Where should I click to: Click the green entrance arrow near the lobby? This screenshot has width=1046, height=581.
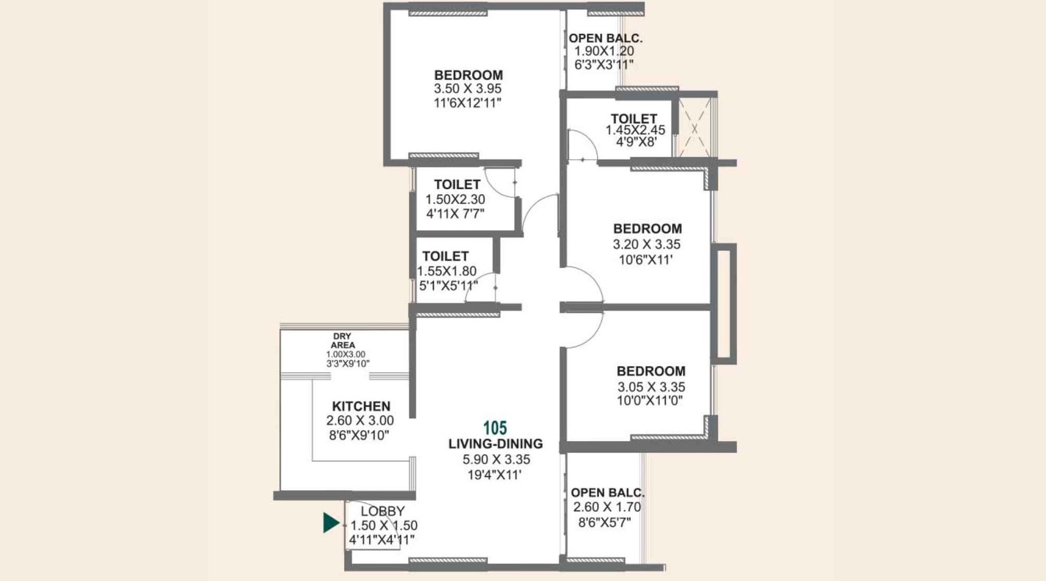tap(331, 523)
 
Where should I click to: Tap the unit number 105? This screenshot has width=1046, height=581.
tap(495, 428)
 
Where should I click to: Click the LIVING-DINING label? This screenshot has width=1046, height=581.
tap(496, 444)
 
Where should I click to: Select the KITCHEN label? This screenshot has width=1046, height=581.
tap(361, 406)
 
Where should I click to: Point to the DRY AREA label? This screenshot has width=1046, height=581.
tap(342, 340)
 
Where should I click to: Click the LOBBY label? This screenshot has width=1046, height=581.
tap(382, 511)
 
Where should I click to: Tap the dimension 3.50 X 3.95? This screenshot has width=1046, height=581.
tap(468, 89)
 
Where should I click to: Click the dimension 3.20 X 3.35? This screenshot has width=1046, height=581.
tap(647, 244)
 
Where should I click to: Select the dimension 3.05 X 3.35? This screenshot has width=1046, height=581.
tap(651, 387)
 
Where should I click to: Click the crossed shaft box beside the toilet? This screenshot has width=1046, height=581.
tap(694, 127)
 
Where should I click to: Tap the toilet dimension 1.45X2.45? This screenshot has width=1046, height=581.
tap(635, 130)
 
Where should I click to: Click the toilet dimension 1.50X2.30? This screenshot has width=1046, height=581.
tap(455, 199)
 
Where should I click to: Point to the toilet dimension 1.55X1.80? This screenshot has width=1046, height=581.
tap(447, 271)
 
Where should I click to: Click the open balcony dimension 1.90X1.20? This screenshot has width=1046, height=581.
tap(604, 51)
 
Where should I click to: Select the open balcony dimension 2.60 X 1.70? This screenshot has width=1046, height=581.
tap(607, 507)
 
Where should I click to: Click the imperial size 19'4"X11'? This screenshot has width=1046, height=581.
tap(494, 475)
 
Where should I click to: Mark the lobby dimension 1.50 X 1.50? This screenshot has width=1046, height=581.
tap(384, 525)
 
